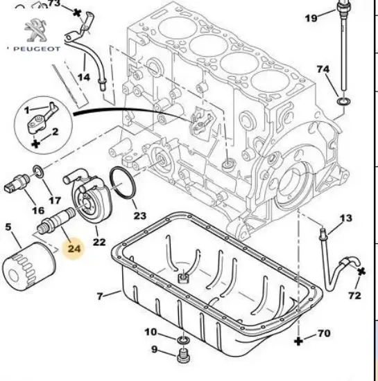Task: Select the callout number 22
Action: point(99,242)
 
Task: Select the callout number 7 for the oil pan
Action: point(100,296)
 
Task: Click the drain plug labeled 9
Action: point(184,357)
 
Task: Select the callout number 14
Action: point(83,77)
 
